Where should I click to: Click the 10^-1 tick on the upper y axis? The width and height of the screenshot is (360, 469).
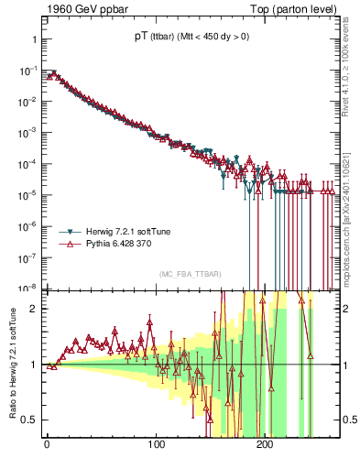pyautogui.click(x=27, y=71)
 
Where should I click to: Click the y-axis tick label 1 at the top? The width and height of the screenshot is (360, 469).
pyautogui.click(x=33, y=40)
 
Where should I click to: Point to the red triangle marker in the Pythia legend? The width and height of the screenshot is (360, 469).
pyautogui.click(x=70, y=245)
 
